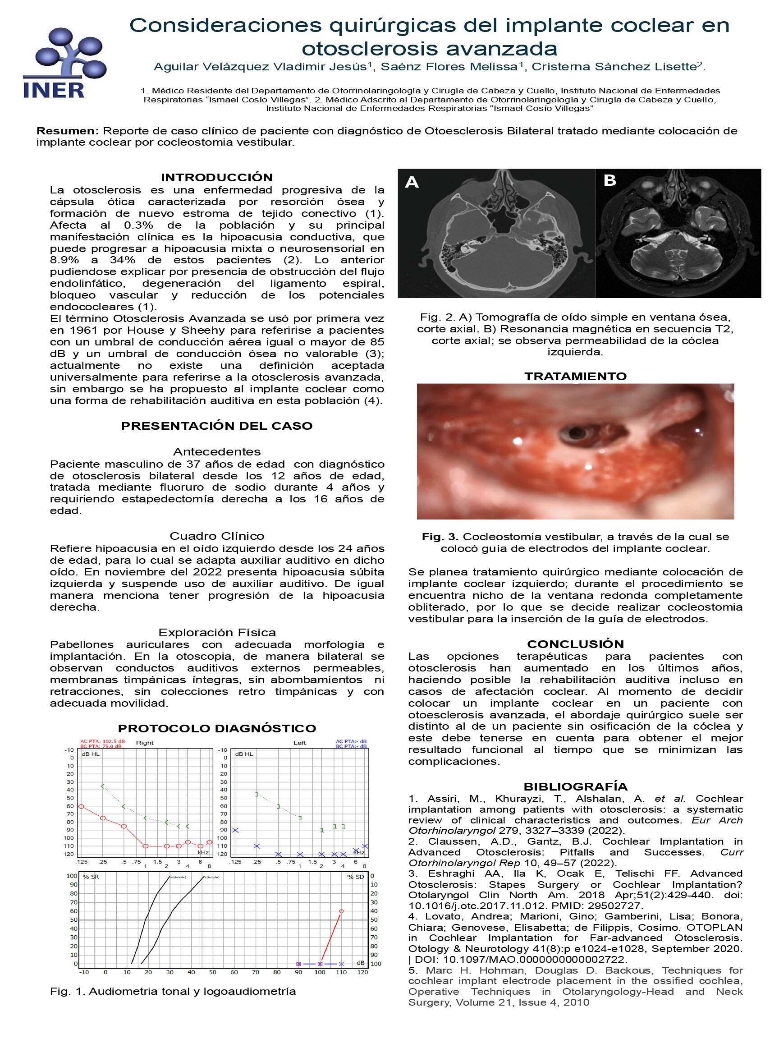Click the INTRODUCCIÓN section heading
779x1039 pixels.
216,178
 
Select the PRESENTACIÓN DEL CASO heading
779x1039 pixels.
216,426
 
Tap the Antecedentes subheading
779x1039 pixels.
216,452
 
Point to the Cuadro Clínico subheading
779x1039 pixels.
216,536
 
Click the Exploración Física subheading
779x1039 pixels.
216,632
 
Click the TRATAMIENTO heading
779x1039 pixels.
575,376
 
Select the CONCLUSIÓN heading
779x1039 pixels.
575,644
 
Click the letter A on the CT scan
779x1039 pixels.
411,182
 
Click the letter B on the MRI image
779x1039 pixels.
609,180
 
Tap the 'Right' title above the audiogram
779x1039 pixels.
145,743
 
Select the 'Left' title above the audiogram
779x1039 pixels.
300,743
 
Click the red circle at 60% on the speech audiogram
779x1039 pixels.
341,911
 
